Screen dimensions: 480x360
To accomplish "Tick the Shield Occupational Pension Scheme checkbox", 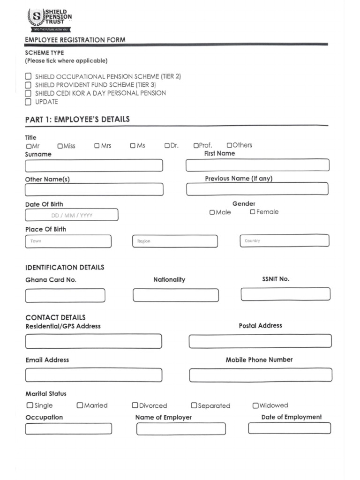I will click(x=28, y=76).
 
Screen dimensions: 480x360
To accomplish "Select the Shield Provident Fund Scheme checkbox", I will click(x=28, y=85).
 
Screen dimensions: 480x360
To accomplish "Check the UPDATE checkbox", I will click(x=28, y=102).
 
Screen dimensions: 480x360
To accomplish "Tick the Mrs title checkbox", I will click(x=97, y=146).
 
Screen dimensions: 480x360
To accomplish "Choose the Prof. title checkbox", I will click(x=196, y=146).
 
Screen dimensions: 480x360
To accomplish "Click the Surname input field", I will click(x=94, y=165).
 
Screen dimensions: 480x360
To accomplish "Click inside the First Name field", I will click(x=257, y=165).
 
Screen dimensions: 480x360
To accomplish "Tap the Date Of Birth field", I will click(x=72, y=215).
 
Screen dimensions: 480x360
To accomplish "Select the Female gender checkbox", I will click(x=253, y=212).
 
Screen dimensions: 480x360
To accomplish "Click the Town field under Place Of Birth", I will click(x=68, y=241).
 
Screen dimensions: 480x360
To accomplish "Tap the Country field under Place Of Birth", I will click(x=284, y=240).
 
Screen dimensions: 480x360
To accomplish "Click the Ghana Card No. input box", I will click(x=65, y=296).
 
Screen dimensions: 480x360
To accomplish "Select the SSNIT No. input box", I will click(x=285, y=294).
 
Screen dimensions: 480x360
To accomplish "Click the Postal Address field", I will click(x=260, y=341).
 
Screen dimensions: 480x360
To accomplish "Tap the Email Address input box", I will click(x=94, y=375).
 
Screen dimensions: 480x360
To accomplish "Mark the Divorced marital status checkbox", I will click(x=135, y=405).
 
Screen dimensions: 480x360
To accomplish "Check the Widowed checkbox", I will click(x=255, y=405).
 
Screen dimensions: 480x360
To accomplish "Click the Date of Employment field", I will click(x=289, y=428).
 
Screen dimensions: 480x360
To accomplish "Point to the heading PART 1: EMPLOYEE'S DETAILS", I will click(x=77, y=120).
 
